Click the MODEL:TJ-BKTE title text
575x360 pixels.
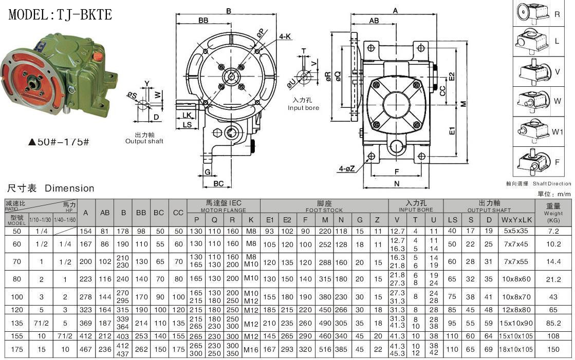60,14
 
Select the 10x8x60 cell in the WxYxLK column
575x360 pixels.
517,279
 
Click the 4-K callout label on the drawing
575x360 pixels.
286,37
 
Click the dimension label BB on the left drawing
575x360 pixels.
203,20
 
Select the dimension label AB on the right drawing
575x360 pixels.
374,20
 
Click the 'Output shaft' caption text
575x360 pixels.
144,141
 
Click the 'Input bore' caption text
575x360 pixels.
303,108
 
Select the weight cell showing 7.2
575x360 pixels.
553,231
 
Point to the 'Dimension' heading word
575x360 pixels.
69,188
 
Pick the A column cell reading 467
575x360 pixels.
86,349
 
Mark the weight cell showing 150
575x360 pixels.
553,349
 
